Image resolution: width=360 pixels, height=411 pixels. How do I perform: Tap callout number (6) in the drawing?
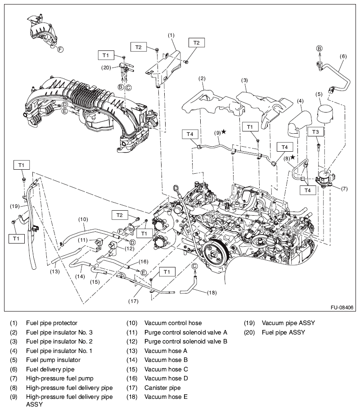tap(343, 57)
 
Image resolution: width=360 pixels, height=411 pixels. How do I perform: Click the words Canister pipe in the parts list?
tap(162, 388)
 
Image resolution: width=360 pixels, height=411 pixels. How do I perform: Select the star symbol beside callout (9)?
tap(224, 132)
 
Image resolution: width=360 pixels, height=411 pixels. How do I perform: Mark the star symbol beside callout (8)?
tap(292, 157)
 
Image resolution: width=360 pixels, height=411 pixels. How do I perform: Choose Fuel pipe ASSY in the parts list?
tap(283, 332)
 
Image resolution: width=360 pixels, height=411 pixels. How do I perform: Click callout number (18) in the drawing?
tap(211, 292)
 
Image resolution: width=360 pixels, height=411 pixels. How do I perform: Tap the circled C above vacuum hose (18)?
tap(194, 266)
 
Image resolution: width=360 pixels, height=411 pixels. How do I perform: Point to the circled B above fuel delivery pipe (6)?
tap(319, 48)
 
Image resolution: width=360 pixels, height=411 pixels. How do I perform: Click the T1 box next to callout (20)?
tap(105, 55)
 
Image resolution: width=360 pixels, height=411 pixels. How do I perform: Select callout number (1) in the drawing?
tap(171, 35)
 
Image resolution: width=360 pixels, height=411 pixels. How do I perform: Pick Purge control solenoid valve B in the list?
tap(186, 341)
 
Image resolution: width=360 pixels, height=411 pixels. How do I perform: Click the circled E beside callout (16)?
tap(143, 272)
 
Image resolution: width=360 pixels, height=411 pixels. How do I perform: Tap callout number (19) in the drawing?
tap(14, 206)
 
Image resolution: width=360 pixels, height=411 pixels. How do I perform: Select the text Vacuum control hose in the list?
tap(173, 323)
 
